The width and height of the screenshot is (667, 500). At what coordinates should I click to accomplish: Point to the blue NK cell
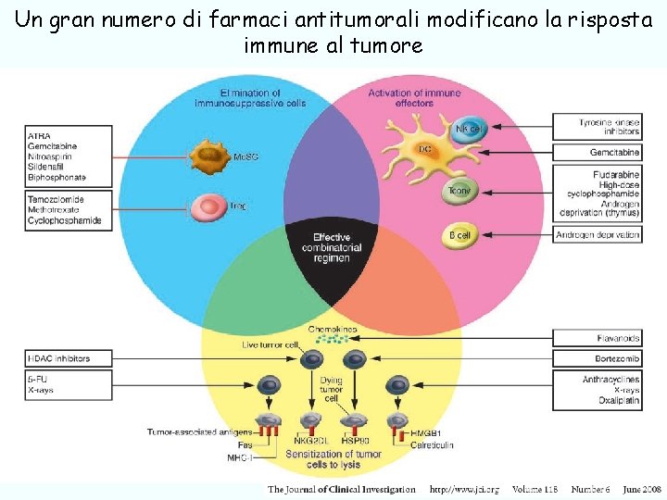467,128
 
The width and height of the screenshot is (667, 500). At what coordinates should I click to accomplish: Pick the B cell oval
459,235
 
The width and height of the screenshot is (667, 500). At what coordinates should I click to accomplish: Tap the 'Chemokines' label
333,330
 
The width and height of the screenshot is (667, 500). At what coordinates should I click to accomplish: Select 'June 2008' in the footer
641,489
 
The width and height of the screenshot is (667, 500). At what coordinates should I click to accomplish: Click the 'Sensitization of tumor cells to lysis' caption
333,457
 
